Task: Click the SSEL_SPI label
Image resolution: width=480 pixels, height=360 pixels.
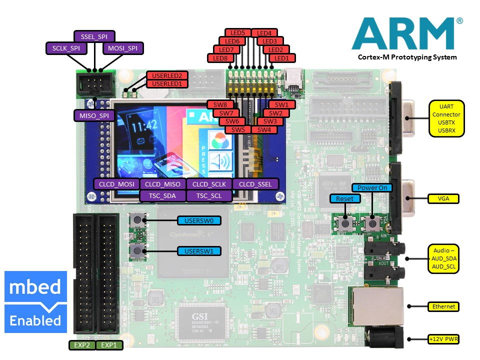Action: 94,36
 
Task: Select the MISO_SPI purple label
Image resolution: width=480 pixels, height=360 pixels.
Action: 93,116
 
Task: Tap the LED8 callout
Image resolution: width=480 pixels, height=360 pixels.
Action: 220,58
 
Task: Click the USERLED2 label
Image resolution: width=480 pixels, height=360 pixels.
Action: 167,75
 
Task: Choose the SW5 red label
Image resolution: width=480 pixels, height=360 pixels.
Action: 237,129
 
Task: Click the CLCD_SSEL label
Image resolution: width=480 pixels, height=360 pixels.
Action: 255,184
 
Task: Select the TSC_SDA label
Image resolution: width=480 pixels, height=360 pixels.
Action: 162,195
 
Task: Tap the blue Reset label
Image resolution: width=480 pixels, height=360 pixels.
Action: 344,198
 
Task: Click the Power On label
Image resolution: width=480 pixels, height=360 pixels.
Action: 372,187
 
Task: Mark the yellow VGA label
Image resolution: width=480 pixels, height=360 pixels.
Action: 443,198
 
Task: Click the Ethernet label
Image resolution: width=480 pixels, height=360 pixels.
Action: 443,306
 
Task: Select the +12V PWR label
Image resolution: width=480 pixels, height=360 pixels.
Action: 443,339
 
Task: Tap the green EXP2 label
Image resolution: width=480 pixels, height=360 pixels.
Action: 81,345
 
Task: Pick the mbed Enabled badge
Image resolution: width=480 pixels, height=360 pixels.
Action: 35,302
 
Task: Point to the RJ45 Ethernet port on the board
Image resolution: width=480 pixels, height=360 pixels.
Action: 376,305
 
